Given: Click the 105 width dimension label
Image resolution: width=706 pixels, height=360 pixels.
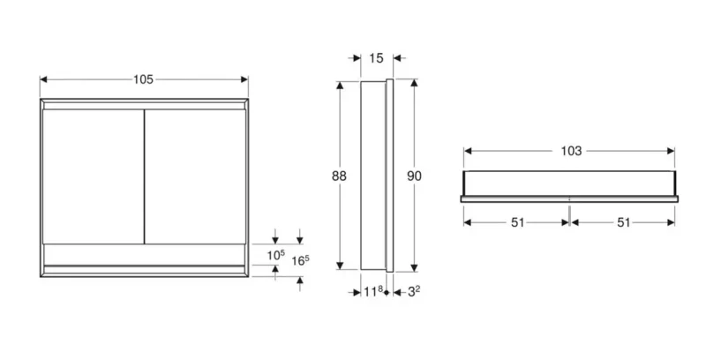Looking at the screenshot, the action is pyautogui.click(x=143, y=79).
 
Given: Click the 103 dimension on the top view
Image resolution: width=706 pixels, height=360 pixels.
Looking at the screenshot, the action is pyautogui.click(x=571, y=151).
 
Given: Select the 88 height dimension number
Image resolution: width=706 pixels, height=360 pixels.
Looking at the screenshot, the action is pyautogui.click(x=339, y=176).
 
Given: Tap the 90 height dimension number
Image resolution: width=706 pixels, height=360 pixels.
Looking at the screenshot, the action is pyautogui.click(x=414, y=176).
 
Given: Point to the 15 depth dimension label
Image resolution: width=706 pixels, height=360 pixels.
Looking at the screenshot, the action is pyautogui.click(x=376, y=58).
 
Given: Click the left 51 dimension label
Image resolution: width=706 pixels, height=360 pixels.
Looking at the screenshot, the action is pyautogui.click(x=518, y=222).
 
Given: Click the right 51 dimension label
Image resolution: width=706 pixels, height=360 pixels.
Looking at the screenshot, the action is pyautogui.click(x=623, y=222).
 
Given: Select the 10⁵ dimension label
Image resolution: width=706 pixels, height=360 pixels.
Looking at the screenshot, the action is pyautogui.click(x=276, y=255).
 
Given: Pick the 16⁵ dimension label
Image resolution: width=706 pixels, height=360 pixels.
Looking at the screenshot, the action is pyautogui.click(x=300, y=260).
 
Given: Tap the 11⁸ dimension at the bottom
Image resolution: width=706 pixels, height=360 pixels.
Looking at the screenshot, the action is pyautogui.click(x=373, y=291).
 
